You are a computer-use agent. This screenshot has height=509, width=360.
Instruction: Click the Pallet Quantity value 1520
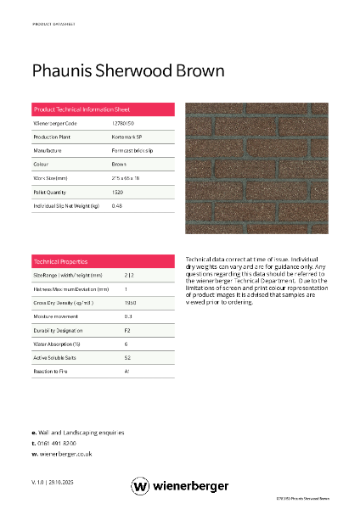tap(118, 192)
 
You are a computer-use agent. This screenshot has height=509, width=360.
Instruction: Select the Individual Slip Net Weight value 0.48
tap(117, 205)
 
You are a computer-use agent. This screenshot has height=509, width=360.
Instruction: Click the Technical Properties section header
tap(60, 261)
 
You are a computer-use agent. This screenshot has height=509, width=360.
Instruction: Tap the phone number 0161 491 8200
tap(57, 443)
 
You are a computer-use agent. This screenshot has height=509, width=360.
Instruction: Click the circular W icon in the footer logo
tap(140, 486)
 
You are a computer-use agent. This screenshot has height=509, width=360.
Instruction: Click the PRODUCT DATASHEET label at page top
tap(53, 25)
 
